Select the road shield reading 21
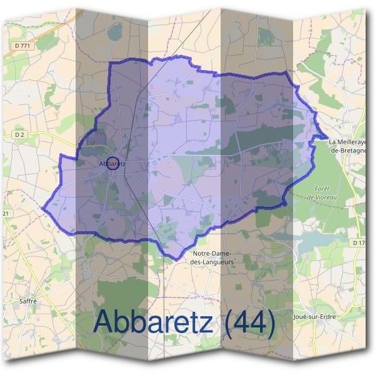pos(6,214)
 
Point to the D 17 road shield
pos(359,242)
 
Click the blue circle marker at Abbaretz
pos(112,163)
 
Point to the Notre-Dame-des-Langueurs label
pos(212,257)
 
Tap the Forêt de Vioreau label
pos(322,192)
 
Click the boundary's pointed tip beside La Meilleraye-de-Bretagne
pos(327,136)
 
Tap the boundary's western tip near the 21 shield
pos(41,206)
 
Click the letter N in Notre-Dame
pos(196,253)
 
